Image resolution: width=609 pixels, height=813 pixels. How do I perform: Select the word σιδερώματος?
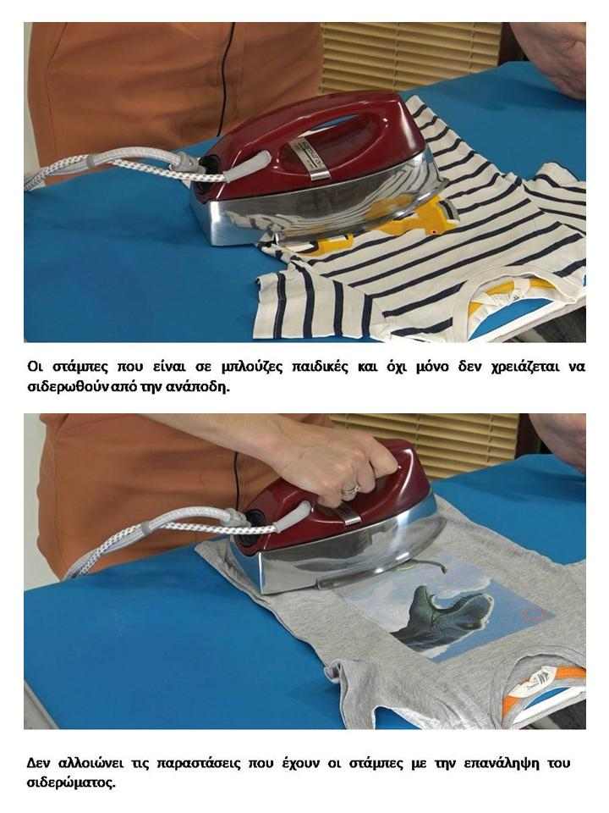pyautogui.click(x=70, y=783)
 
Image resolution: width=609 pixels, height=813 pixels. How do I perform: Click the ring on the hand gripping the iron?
pyautogui.click(x=351, y=488)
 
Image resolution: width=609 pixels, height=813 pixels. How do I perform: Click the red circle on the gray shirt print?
pyautogui.click(x=533, y=615)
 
